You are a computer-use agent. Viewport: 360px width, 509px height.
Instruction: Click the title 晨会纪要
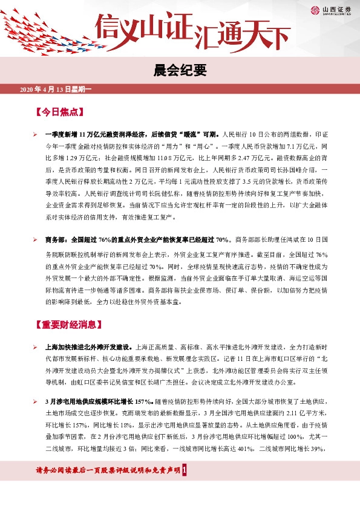click(180, 71)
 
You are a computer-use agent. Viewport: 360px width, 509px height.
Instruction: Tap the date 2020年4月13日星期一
click(55, 90)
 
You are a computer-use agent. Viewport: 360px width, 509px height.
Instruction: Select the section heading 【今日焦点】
click(59, 112)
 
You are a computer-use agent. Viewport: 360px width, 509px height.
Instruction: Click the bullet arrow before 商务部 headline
click(36, 239)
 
